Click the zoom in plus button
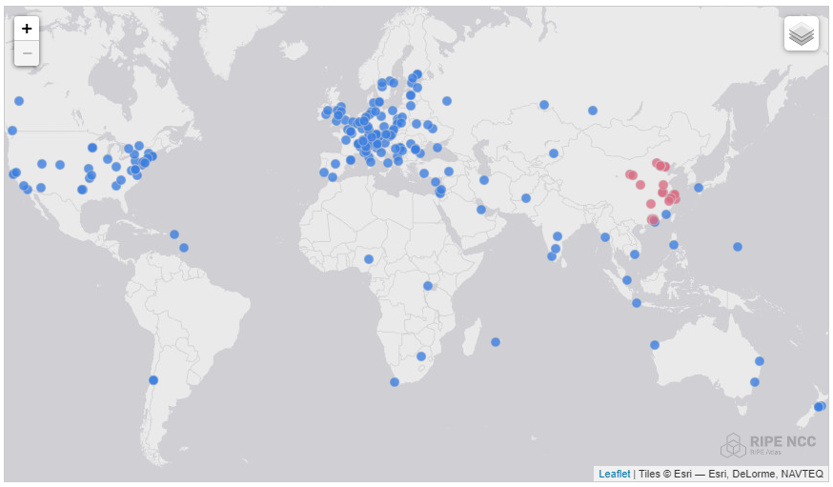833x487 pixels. click(x=27, y=29)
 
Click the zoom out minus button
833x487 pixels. click(x=27, y=53)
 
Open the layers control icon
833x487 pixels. click(x=802, y=34)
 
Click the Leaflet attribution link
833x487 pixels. click(x=614, y=474)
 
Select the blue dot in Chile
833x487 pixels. click(x=153, y=380)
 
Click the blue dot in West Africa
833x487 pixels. click(x=369, y=259)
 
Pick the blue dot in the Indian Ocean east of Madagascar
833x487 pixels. click(x=495, y=342)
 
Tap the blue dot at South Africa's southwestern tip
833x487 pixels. click(x=395, y=382)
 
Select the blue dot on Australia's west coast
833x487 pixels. click(x=655, y=345)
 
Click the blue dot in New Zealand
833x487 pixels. click(x=819, y=407)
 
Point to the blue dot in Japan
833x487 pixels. click(x=699, y=188)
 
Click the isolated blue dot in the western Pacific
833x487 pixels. click(x=738, y=247)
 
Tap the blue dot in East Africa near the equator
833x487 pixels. click(x=428, y=286)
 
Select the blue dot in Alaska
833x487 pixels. click(x=19, y=101)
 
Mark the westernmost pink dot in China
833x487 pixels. click(x=629, y=174)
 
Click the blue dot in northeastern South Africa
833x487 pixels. click(x=421, y=356)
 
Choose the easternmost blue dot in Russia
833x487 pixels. click(x=593, y=111)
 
